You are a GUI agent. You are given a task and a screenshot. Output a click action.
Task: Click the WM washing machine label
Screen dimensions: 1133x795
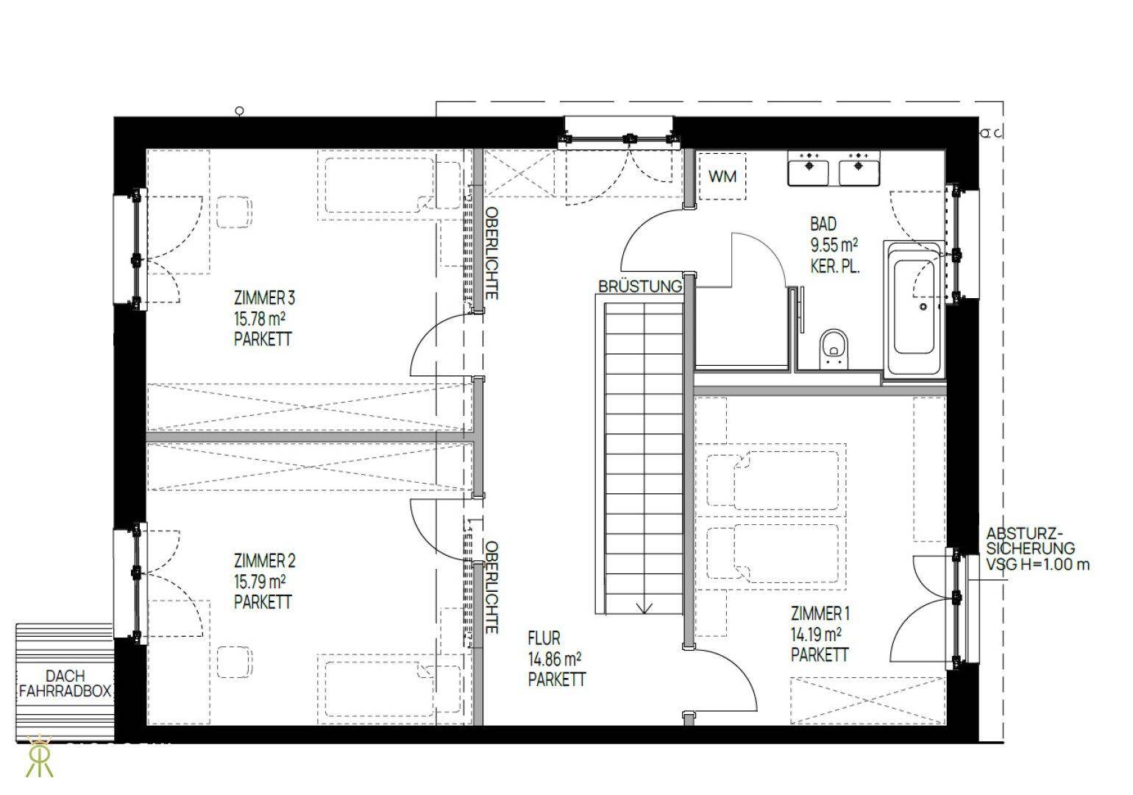722,177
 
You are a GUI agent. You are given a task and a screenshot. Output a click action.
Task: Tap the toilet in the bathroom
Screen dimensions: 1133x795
834,348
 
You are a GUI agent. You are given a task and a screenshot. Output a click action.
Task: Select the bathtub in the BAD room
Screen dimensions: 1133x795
914,308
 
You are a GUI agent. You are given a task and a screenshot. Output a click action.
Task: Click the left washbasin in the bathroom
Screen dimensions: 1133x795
808,169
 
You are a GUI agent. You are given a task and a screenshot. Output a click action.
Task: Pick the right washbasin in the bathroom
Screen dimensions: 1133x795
859,169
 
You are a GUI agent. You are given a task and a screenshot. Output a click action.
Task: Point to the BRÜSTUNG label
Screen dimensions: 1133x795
640,286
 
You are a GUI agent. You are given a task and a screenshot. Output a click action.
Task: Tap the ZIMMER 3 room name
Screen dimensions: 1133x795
264,297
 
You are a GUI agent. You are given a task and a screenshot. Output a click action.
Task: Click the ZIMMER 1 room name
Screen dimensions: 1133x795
820,614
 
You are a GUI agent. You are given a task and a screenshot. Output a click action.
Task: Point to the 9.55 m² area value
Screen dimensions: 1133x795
834,245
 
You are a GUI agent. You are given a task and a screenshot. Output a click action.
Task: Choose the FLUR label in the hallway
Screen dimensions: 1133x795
544,637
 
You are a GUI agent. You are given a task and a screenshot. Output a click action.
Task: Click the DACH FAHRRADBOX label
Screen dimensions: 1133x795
65,684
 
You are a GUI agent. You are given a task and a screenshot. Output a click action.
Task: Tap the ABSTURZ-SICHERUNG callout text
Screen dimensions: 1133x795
1030,540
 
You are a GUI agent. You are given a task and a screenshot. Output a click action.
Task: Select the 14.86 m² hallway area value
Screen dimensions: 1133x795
554,659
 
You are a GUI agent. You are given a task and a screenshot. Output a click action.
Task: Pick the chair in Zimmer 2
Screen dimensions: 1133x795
235,662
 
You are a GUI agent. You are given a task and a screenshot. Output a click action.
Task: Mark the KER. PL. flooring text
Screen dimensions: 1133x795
834,266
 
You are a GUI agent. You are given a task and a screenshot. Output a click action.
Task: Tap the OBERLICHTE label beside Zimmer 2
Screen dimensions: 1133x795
491,587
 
